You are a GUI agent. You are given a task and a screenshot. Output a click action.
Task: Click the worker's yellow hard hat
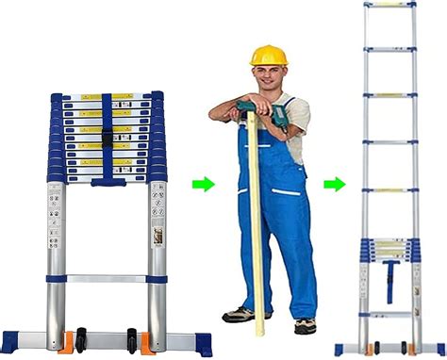click(x=267, y=53)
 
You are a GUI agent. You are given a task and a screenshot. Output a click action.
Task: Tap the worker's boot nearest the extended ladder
click(x=304, y=325)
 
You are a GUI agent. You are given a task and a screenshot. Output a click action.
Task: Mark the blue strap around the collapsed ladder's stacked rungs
click(x=106, y=137)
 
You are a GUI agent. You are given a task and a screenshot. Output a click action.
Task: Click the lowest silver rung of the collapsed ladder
click(x=106, y=279)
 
